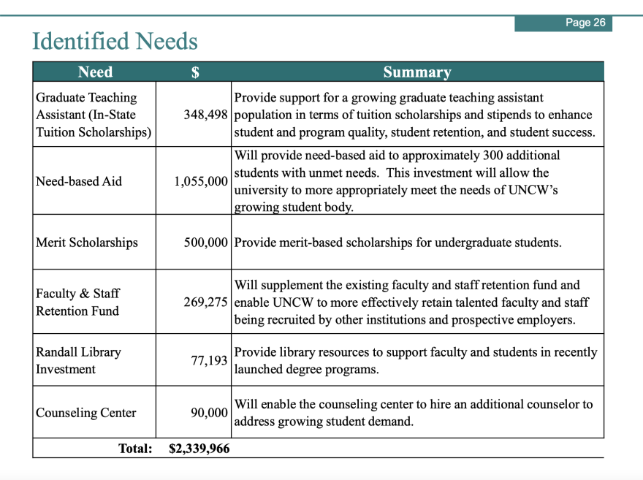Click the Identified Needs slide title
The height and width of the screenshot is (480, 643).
(x=115, y=41)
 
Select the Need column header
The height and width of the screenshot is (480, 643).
(x=95, y=72)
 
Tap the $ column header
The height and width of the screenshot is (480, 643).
(x=195, y=72)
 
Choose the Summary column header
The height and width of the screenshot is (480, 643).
(x=417, y=72)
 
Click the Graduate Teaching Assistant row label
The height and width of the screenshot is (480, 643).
(x=94, y=115)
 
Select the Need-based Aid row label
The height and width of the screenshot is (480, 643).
(x=79, y=181)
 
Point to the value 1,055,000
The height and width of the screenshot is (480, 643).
(x=201, y=181)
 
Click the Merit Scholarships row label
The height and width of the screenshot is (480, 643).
(x=86, y=243)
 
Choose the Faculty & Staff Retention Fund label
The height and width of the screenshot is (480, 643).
(x=77, y=302)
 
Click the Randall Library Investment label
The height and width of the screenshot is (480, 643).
(x=78, y=360)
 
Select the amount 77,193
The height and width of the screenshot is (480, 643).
(x=209, y=360)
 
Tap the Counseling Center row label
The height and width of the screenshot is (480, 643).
(x=85, y=413)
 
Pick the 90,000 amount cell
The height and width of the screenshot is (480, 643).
(x=209, y=413)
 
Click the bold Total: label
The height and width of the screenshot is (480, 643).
(x=135, y=449)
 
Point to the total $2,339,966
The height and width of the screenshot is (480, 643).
(x=199, y=449)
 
